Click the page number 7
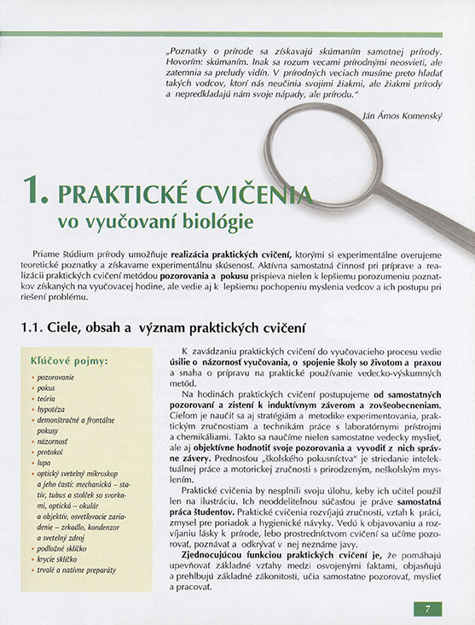(x=428, y=609)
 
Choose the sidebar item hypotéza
(x=53, y=409)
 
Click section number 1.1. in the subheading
(x=36, y=329)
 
